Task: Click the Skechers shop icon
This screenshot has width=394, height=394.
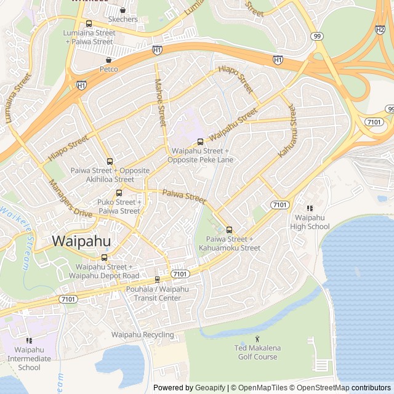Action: click(123, 10)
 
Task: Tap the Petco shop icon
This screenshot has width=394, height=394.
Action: click(109, 60)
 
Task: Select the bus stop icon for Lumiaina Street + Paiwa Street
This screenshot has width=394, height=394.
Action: click(89, 24)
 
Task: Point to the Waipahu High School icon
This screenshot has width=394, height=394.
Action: click(310, 209)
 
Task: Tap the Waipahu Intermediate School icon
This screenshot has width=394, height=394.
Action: click(29, 340)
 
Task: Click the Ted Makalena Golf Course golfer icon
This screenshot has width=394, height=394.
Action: click(257, 339)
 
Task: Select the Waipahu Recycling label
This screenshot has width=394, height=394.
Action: click(142, 335)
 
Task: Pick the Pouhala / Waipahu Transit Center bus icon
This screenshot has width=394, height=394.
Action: click(157, 279)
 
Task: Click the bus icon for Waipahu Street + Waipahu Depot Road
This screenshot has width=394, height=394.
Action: click(104, 257)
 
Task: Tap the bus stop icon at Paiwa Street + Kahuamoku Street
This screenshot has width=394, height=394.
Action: click(229, 230)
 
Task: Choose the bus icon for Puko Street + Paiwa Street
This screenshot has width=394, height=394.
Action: click(119, 193)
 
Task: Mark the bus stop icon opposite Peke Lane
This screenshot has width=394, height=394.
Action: click(200, 142)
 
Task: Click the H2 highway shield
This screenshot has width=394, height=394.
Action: click(380, 29)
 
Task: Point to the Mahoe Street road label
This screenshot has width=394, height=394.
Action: click(160, 102)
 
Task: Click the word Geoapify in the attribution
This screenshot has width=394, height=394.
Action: click(211, 388)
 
